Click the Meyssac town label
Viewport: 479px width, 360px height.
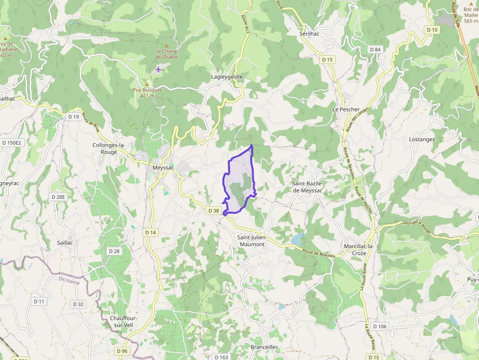pos(163,168)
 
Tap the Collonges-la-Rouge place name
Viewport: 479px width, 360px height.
pos(109,148)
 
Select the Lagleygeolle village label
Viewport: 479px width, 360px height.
pos(227,77)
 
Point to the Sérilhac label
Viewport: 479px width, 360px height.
pos(309,34)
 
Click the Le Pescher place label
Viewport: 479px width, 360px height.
pos(346,109)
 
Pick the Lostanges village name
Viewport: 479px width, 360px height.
pos(422,139)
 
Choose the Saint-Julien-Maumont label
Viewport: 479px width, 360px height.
pos(251,241)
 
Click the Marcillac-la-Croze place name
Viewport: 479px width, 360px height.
pos(358,250)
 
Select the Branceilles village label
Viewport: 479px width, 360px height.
pos(264,347)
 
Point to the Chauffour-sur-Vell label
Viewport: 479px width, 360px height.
pos(124,321)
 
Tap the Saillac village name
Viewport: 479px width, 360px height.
pos(65,242)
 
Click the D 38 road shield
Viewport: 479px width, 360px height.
pos(214,211)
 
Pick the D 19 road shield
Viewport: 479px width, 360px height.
pos(74,117)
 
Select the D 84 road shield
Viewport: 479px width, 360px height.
pos(375,49)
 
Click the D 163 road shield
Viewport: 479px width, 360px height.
pos(221,357)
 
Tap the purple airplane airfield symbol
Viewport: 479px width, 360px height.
pos(158,69)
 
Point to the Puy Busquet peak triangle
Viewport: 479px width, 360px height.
pos(146,84)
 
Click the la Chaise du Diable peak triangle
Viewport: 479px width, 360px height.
pos(167,45)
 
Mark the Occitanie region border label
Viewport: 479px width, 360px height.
pos(69,281)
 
